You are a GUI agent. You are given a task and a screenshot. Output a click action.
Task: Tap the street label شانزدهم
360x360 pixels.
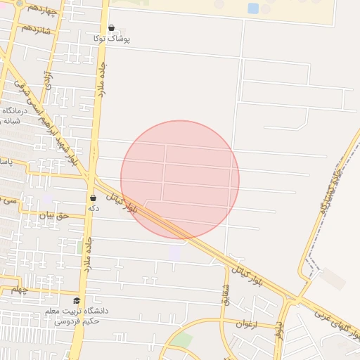[37, 28]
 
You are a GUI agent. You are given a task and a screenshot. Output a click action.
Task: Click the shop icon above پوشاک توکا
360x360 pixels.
[111, 28]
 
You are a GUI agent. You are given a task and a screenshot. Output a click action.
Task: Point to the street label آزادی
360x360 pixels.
[48, 78]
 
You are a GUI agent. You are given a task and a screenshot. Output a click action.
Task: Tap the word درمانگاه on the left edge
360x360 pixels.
[13, 110]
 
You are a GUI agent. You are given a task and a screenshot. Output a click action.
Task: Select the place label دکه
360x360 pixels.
[92, 209]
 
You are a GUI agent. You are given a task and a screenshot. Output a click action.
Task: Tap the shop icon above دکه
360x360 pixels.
[93, 198]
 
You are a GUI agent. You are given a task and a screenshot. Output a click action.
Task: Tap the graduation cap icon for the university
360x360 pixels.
[77, 300]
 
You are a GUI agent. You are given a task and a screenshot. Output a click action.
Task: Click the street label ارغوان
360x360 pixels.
[264, 324]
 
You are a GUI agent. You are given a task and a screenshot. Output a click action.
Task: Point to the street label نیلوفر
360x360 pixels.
[279, 327]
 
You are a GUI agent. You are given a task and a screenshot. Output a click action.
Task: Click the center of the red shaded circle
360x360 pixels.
[180, 179]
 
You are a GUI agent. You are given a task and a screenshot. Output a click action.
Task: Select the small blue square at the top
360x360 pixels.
[253, 8]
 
